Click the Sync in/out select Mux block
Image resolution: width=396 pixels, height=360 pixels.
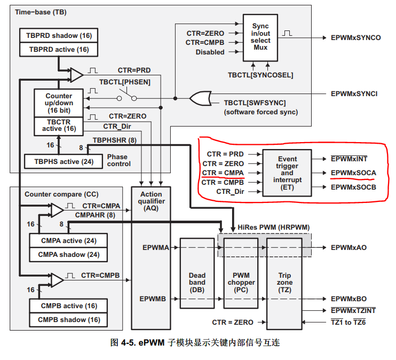260,37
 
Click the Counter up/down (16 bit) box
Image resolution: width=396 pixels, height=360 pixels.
59,103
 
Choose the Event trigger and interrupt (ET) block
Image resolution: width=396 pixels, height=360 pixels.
287,173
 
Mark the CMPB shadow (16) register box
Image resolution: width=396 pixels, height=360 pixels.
69,320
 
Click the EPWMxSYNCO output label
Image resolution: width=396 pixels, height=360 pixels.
355,38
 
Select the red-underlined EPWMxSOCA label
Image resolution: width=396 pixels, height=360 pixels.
353,173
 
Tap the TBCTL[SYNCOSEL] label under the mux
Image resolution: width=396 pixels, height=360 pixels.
260,75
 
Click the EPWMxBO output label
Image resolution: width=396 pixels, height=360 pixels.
349,299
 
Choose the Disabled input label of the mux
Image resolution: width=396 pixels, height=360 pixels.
210,52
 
